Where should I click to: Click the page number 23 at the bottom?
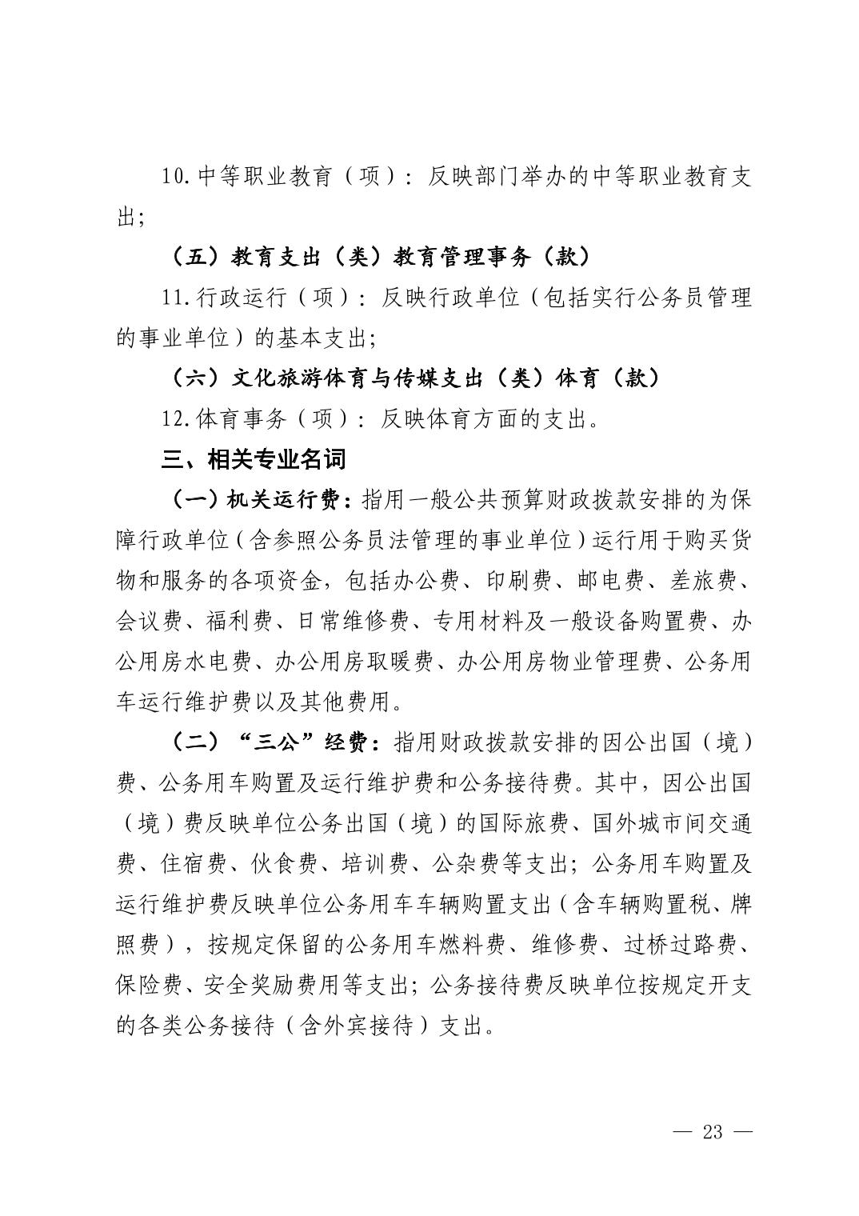point(712,1131)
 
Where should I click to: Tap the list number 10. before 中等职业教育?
point(176,177)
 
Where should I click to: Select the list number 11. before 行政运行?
point(176,298)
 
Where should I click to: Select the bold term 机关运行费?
point(289,501)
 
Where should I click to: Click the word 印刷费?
point(520,582)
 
